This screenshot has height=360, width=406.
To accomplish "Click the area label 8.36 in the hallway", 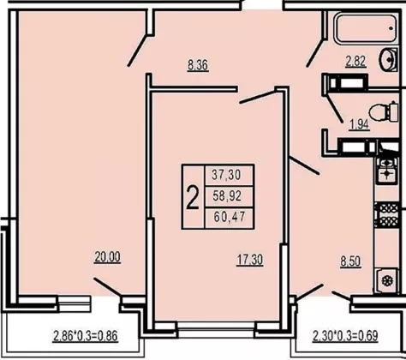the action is coord(198,65).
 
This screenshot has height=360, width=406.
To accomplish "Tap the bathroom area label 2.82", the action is coord(355,61).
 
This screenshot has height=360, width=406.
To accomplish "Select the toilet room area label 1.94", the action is coord(359,124).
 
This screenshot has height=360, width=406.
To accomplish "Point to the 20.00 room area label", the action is coord(107,257).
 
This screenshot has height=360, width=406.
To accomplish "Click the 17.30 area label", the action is coord(250,260).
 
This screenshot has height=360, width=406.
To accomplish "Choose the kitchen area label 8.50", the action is coord(350,261).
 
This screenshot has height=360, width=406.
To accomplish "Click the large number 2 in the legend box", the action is coord(193,197).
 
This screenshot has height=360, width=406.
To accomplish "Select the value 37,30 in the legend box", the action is coord(226,175).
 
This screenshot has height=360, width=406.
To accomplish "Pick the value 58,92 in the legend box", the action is coord(227,195).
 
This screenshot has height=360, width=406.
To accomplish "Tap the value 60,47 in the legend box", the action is coord(230,217).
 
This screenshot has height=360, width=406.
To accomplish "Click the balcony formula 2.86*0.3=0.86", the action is coord(86,336).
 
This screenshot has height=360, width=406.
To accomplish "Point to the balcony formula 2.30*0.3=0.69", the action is coord(345,336).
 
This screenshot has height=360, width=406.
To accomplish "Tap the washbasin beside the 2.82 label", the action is coord(388,59).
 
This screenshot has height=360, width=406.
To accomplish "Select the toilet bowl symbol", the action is coord(384,112).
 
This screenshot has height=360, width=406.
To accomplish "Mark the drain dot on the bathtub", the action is coord(391,28).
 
